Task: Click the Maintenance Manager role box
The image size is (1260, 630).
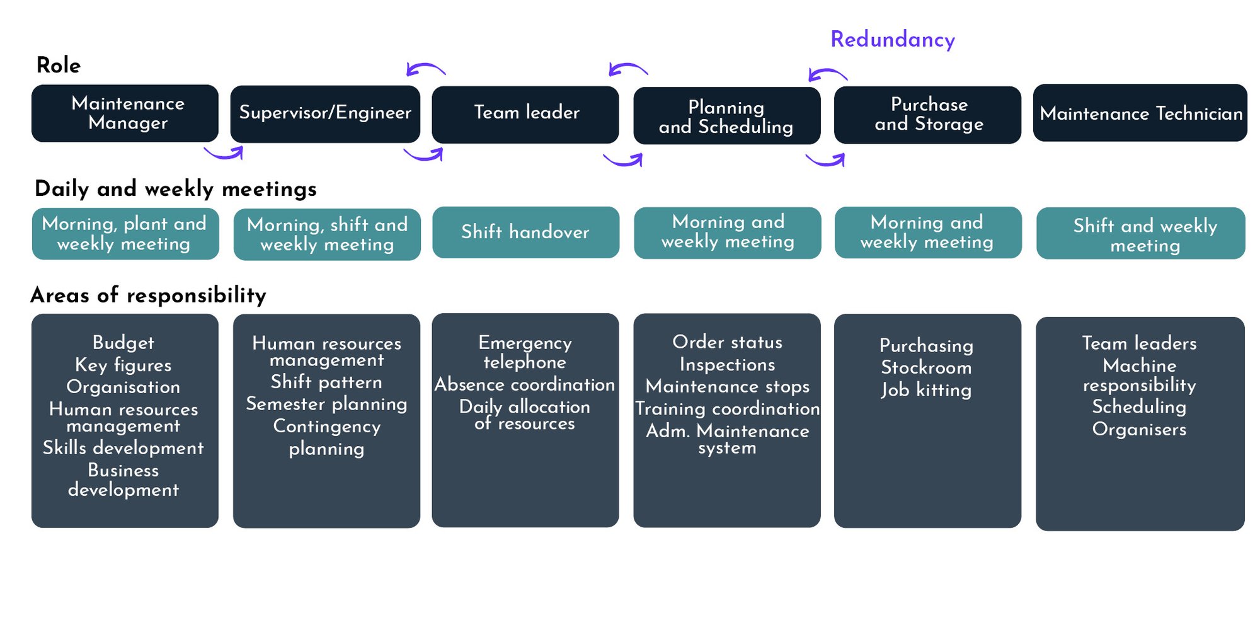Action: coord(125,113)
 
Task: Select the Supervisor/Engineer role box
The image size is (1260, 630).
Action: coord(325,113)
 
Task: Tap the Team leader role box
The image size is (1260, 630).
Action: coord(525,114)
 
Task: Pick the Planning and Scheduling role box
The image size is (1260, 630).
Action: coord(727,116)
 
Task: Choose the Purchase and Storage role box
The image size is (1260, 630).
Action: coord(927,115)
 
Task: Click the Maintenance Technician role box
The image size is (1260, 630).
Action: coord(1140,113)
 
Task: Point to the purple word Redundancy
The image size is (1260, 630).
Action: coord(893,40)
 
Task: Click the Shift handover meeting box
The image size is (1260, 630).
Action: coord(525,232)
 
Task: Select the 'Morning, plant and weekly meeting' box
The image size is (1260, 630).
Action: coord(125,234)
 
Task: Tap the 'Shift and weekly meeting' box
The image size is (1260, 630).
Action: coord(1140,234)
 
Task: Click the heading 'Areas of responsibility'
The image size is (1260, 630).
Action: coord(149,295)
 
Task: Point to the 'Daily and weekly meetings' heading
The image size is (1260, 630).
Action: coord(176,189)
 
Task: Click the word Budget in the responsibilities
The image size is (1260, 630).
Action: coord(123,343)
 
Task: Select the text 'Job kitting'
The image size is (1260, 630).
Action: coord(926,390)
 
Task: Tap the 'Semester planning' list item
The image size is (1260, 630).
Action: coord(326,404)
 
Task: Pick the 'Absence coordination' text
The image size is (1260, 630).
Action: coord(525,384)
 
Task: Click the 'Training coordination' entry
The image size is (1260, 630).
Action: coord(727,408)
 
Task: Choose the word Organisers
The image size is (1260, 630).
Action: coord(1139,429)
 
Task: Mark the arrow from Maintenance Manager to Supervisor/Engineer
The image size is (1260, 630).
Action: coord(224,153)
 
